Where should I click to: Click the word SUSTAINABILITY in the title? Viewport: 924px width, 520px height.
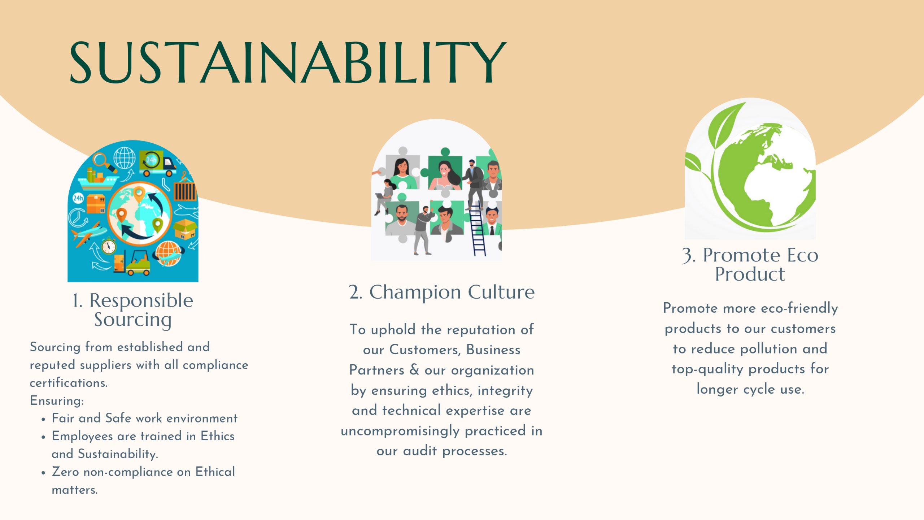[288, 62]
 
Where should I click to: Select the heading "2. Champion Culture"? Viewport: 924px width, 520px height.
[442, 292]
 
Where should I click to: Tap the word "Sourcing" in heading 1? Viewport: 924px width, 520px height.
[133, 320]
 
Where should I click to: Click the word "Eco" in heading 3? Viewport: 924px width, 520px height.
[802, 255]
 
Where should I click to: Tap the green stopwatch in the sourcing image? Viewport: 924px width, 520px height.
[109, 246]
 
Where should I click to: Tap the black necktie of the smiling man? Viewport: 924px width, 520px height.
[492, 230]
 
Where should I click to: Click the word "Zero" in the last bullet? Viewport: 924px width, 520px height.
[65, 472]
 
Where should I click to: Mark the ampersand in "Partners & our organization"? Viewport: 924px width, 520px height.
[414, 370]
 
